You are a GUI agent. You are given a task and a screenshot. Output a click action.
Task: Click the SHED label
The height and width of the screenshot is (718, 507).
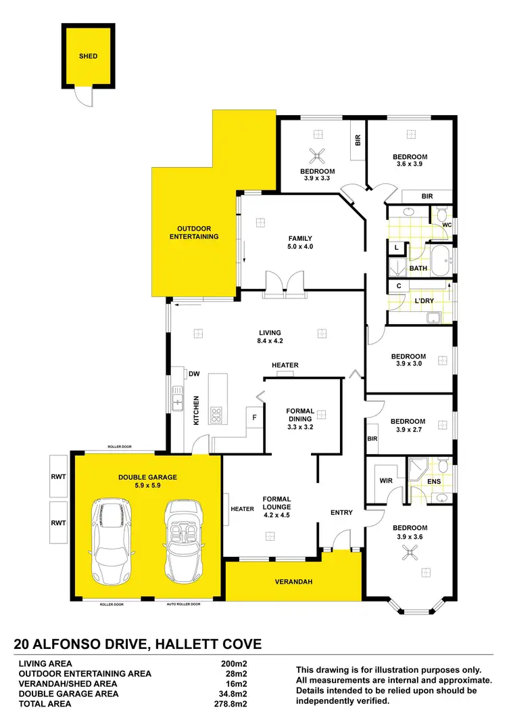tap(89, 56)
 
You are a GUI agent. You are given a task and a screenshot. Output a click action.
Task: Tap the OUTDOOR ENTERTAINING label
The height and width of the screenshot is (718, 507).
tap(194, 233)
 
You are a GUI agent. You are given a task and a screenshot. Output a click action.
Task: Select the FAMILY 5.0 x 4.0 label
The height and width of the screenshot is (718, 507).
tap(301, 242)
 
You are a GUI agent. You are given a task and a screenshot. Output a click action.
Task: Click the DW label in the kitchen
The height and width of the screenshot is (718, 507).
tap(194, 374)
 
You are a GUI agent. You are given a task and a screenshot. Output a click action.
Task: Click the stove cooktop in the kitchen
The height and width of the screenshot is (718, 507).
tap(217, 414)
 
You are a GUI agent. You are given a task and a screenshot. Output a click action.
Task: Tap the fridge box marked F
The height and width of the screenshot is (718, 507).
tap(254, 418)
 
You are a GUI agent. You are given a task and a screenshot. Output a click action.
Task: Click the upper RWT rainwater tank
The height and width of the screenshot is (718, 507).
tap(59, 476)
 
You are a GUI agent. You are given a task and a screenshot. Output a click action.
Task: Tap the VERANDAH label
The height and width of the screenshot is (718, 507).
tap(293, 582)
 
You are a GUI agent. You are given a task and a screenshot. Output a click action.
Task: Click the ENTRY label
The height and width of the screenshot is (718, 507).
tap(341, 512)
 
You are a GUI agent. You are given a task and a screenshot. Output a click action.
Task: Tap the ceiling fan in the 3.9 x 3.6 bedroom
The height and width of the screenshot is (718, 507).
tap(408, 554)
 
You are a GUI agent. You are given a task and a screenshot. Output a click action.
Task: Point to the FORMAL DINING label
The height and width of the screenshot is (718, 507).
tap(300, 419)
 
